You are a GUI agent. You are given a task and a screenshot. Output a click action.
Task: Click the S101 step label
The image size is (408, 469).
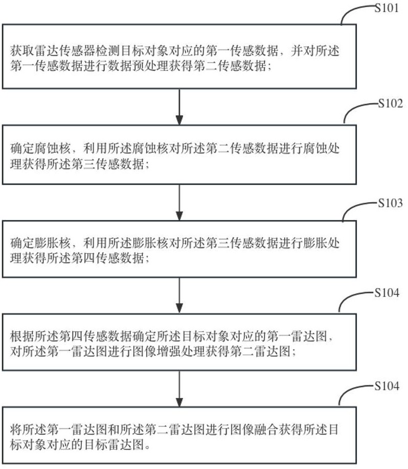pos(387,8)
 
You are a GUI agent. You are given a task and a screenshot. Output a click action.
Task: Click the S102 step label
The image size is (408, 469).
pos(390,104)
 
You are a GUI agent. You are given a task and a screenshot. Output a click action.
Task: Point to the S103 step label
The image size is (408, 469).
pos(390,203)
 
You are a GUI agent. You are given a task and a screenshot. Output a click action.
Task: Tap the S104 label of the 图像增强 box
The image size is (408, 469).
pos(387,292)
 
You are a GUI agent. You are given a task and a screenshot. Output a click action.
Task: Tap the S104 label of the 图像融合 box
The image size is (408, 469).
pos(387,386)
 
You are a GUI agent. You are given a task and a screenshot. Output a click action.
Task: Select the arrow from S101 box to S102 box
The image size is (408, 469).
pos(179,107)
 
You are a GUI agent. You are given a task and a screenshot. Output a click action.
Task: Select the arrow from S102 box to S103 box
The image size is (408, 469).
pos(179,203)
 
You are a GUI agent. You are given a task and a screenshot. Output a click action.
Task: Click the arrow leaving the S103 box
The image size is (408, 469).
pos(179,295)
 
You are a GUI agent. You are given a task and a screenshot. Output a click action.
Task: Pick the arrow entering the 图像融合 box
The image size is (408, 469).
pos(179,389)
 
